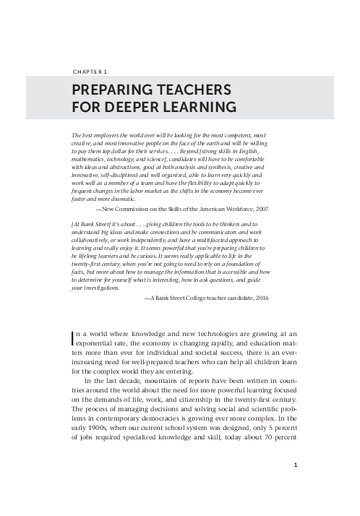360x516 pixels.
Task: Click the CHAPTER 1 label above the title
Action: pos(91,72)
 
